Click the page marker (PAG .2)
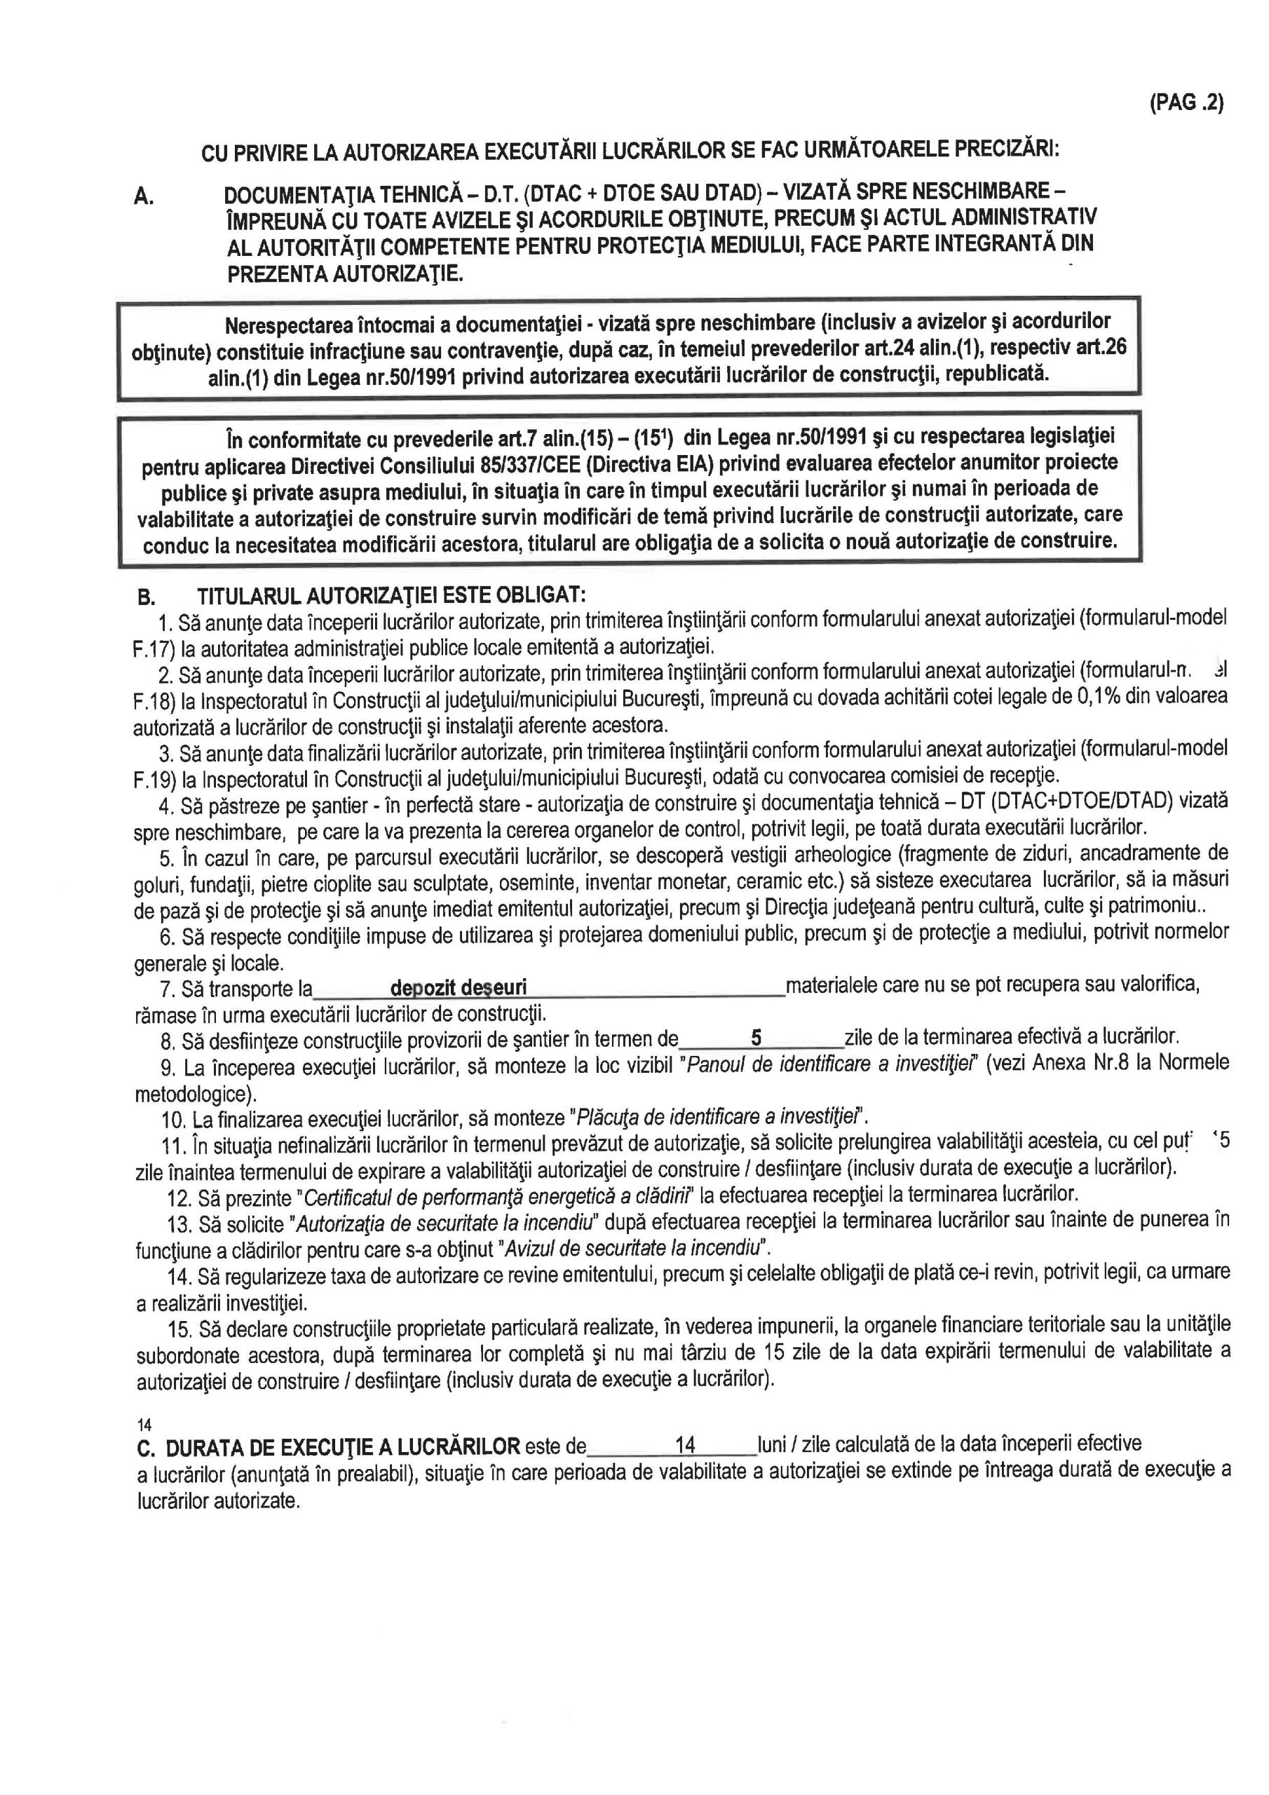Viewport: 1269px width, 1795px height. point(1186,103)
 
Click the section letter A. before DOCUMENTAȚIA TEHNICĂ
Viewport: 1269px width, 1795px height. point(142,196)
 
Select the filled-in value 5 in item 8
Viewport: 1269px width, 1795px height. point(756,1038)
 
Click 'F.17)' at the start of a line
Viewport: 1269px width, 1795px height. point(154,648)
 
